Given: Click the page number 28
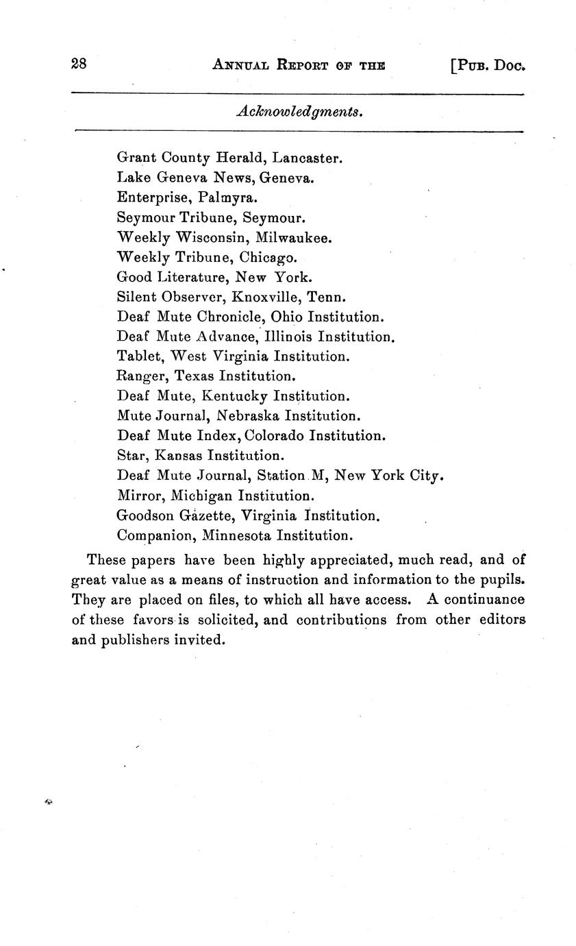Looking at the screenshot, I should [79, 64].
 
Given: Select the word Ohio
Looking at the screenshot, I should [287, 317].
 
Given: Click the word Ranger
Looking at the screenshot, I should [142, 376].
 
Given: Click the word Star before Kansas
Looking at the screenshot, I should [133, 455].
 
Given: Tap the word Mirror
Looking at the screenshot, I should [140, 495].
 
